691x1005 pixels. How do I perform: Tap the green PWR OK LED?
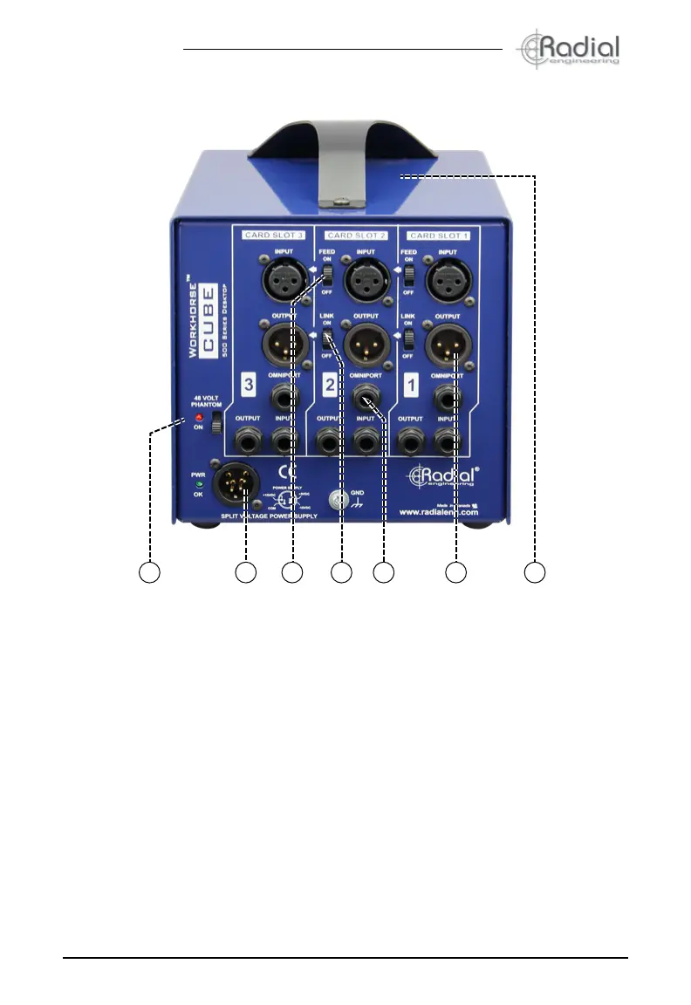coord(199,484)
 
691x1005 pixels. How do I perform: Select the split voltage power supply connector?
coord(236,482)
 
